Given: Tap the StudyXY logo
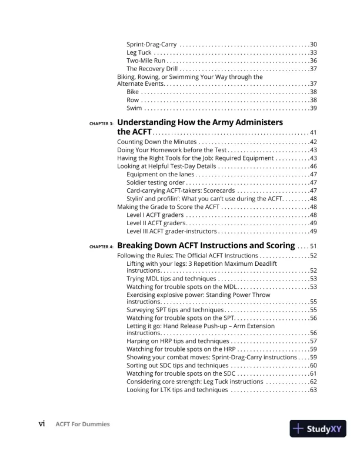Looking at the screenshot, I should pyautogui.click(x=318, y=429).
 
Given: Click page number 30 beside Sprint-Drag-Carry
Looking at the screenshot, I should pyautogui.click(x=314, y=45).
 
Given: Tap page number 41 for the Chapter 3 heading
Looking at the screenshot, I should pyautogui.click(x=314, y=133).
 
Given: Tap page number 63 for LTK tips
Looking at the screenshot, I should pyautogui.click(x=314, y=389).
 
